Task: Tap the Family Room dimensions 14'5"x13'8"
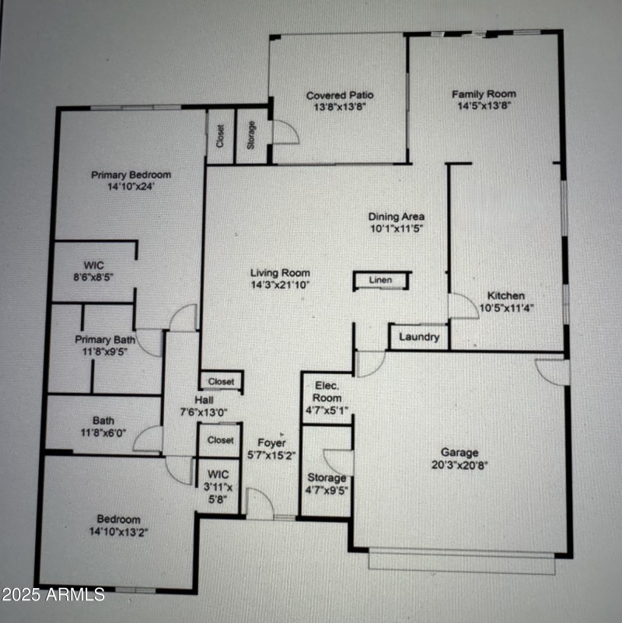(484, 107)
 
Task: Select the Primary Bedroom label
(131, 175)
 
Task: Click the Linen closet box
(380, 281)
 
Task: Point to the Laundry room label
(419, 338)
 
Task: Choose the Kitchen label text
(505, 296)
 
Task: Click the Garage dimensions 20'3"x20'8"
(460, 465)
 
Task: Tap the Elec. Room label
(325, 391)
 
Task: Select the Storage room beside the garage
(327, 478)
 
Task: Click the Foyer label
(271, 443)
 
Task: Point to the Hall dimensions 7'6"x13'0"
(204, 411)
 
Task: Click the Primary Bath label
(105, 339)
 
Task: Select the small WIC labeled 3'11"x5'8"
(218, 485)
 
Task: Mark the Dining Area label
(397, 217)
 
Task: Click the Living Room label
(280, 273)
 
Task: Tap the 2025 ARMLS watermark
(53, 595)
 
